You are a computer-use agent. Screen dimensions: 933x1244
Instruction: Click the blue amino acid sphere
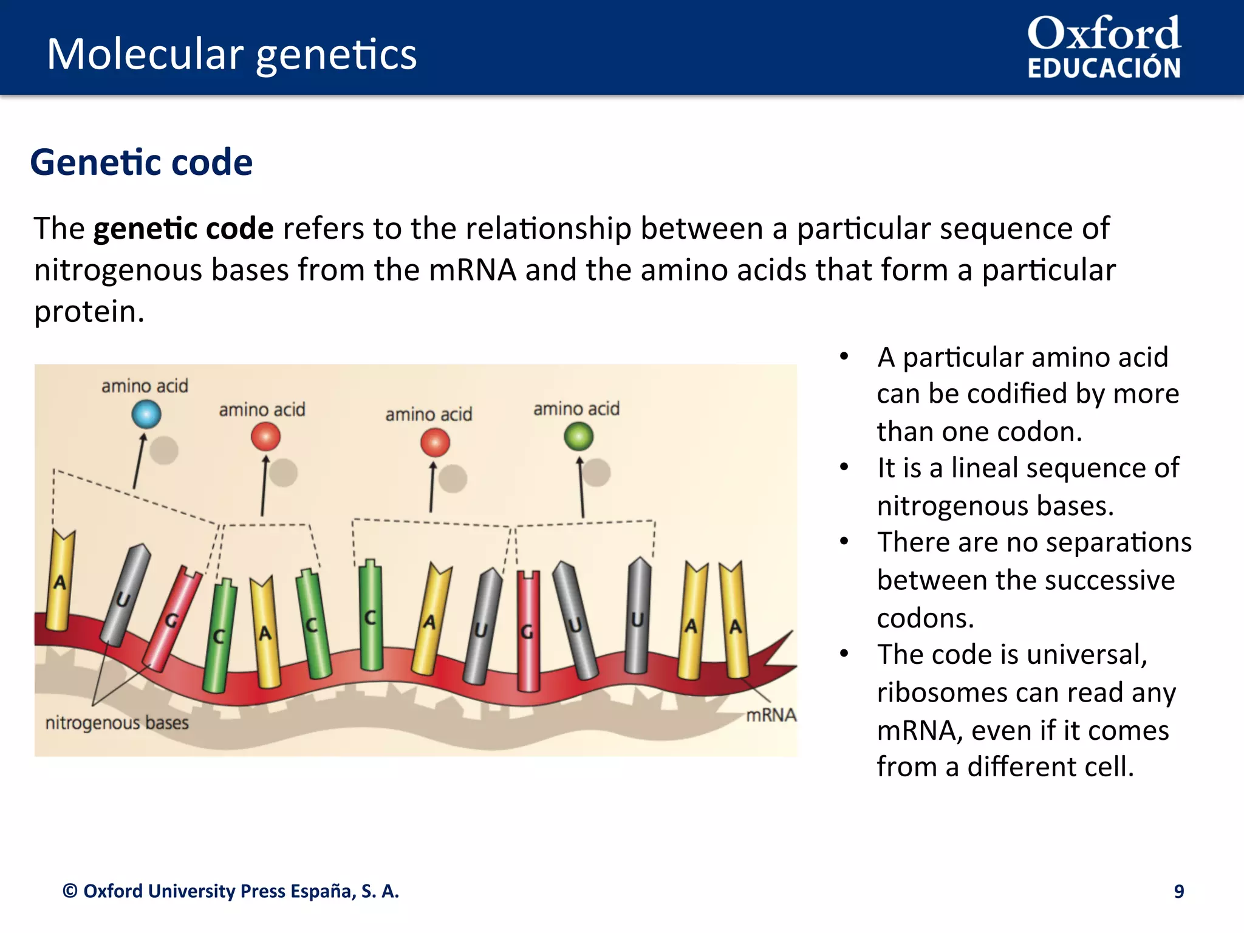[146, 415]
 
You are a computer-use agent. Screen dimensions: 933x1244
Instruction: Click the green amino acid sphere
[578, 436]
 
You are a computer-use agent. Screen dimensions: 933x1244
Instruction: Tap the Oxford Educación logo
[1104, 47]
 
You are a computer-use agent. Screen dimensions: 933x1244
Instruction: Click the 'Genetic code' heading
[141, 162]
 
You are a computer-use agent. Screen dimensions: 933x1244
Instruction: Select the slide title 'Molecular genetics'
[231, 54]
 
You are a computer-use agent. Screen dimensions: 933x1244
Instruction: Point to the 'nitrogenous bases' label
[117, 723]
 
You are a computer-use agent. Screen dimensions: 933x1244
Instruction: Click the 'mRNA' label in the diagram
[770, 715]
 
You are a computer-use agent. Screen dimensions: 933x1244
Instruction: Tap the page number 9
[1178, 891]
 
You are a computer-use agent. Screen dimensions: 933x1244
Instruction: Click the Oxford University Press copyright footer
[231, 891]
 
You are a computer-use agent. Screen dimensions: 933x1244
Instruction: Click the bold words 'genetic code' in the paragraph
[183, 229]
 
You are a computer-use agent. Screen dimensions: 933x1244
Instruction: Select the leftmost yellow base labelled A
[60, 580]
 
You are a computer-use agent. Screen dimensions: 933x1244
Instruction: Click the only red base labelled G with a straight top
[528, 632]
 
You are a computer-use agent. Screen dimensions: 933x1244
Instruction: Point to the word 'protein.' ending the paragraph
[89, 312]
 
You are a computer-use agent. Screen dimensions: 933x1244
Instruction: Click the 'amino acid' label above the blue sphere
[145, 386]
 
